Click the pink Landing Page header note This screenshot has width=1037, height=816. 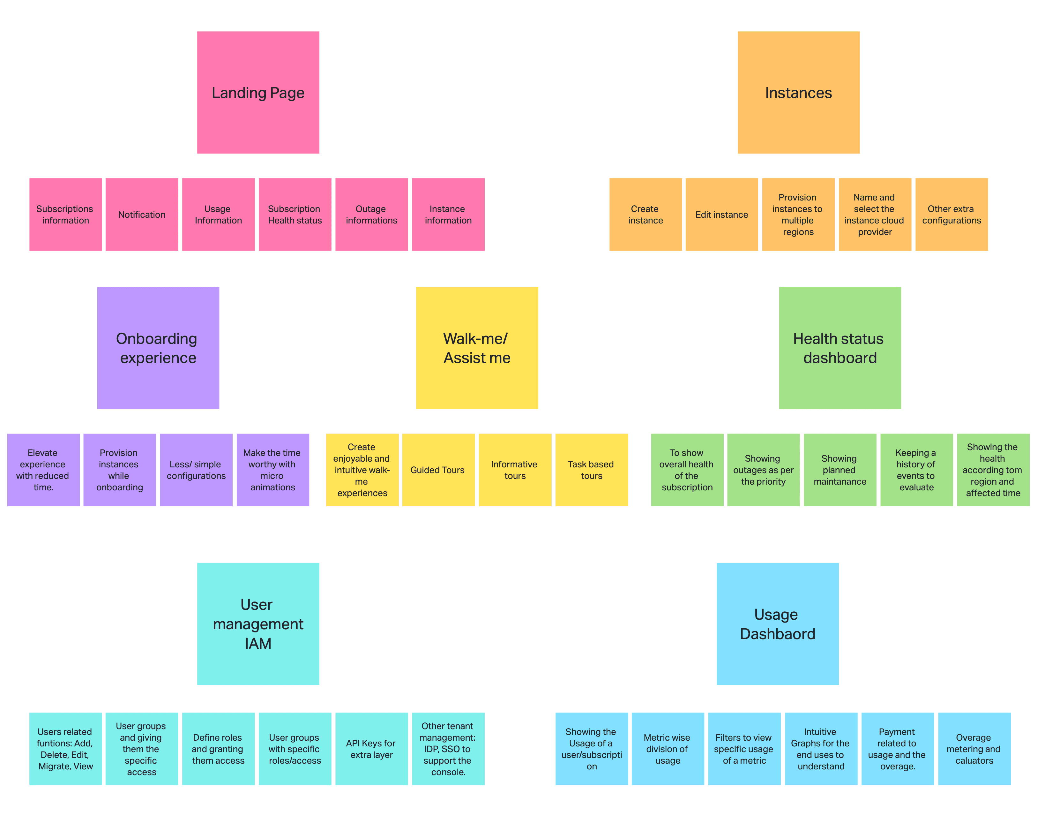point(258,92)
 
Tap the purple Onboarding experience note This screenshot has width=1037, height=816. point(158,347)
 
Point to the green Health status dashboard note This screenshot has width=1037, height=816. point(839,347)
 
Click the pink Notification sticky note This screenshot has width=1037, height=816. point(142,215)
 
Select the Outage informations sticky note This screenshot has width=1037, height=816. point(371,215)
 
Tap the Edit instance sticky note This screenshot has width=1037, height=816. point(721,215)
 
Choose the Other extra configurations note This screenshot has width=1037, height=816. point(951,215)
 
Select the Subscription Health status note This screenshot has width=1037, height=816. point(295,215)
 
